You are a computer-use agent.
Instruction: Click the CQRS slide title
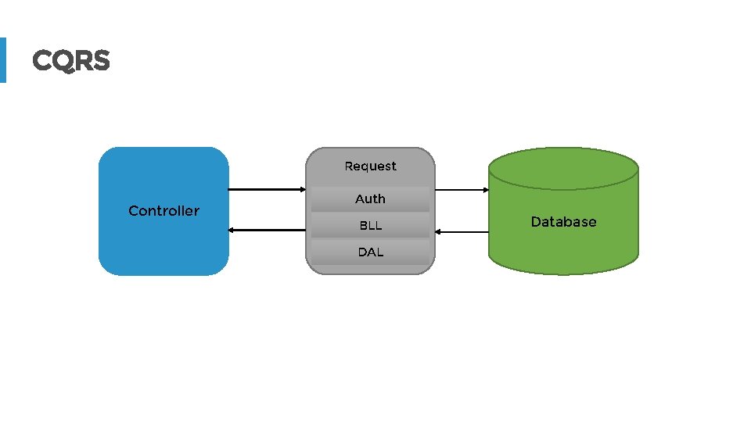click(x=71, y=60)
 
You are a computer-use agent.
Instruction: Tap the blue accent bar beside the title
click(x=2, y=60)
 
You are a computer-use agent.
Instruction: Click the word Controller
click(x=163, y=211)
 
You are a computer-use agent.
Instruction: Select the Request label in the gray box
click(x=370, y=166)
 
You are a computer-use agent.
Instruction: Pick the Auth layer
click(x=370, y=199)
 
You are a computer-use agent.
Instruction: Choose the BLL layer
click(x=370, y=226)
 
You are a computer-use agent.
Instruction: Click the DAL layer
click(x=370, y=252)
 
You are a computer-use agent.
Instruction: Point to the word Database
click(x=563, y=222)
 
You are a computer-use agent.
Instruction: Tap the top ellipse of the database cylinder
click(x=563, y=169)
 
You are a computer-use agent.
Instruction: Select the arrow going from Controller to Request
click(x=266, y=189)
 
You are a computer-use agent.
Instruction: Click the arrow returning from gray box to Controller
click(x=266, y=231)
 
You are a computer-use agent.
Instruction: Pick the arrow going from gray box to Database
click(x=462, y=189)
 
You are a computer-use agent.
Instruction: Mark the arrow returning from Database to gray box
click(x=462, y=232)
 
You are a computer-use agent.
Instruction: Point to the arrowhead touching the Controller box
click(x=232, y=231)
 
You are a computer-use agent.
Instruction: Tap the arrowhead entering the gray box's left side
click(x=301, y=189)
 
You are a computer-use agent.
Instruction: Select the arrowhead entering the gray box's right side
click(x=439, y=232)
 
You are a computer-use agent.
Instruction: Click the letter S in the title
click(x=100, y=60)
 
